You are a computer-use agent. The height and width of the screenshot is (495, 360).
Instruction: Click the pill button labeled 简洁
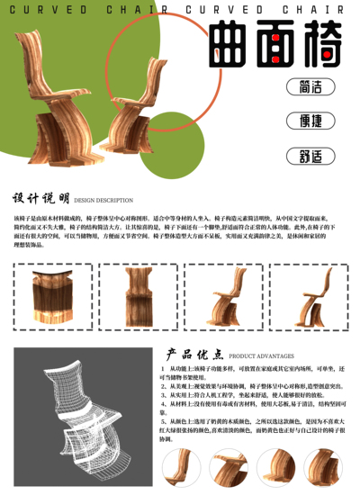309,87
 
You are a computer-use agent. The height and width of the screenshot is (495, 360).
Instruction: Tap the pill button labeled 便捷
309,121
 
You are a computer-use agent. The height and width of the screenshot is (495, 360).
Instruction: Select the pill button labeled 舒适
309,155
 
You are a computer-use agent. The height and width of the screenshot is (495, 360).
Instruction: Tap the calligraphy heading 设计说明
40,200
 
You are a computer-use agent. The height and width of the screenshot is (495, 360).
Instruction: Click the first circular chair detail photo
182,469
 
